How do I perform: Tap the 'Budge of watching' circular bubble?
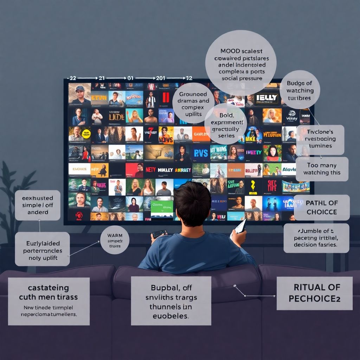point(300,90)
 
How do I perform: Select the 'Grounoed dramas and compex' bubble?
point(194,102)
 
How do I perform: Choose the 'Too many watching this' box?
point(322,169)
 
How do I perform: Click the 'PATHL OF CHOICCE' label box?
point(321,207)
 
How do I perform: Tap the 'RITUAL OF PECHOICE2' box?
point(314,293)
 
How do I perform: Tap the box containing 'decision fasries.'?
point(316,238)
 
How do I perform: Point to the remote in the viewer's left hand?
point(159,234)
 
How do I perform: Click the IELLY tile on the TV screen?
point(266,98)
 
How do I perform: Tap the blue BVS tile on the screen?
point(201,153)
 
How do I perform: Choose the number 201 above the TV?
point(160,78)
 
